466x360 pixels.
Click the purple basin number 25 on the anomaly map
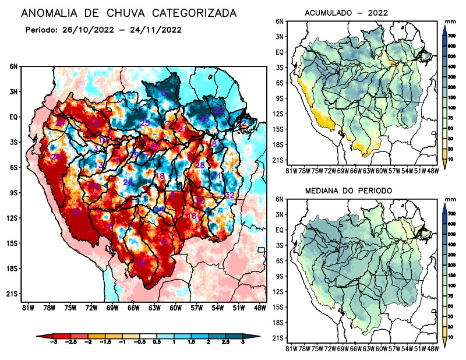pyautogui.click(x=145, y=122)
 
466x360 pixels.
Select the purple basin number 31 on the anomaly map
pyautogui.click(x=76, y=211)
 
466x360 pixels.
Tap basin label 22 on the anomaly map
pyautogui.click(x=219, y=110)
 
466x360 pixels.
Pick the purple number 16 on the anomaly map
pyautogui.click(x=191, y=216)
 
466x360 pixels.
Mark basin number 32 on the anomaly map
pyautogui.click(x=230, y=195)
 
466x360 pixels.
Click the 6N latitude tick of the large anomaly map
pyautogui.click(x=13, y=66)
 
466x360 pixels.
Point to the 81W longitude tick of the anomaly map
pyautogui.click(x=27, y=308)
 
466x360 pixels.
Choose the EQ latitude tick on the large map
pyautogui.click(x=13, y=117)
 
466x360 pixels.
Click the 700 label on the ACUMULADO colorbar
pyautogui.click(x=452, y=36)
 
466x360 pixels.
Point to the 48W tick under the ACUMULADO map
pyautogui.click(x=432, y=170)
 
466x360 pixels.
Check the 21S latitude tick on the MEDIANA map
pyautogui.click(x=278, y=338)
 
